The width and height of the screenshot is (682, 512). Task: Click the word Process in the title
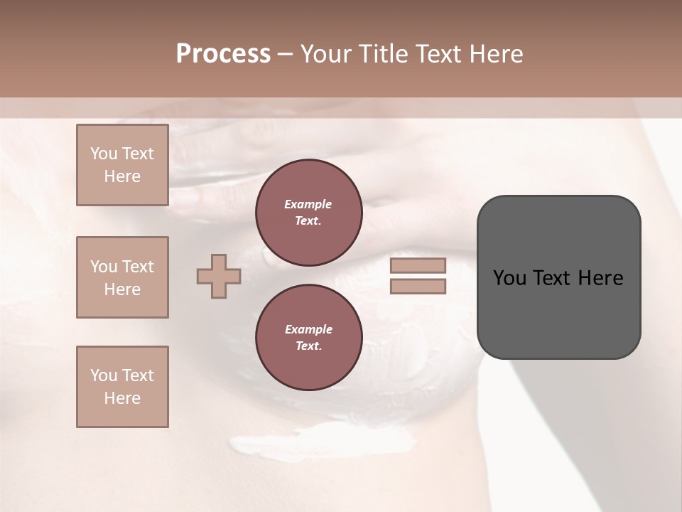pyautogui.click(x=223, y=54)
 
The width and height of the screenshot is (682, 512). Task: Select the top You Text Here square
pyautogui.click(x=122, y=165)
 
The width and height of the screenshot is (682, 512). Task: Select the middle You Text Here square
pyautogui.click(x=122, y=277)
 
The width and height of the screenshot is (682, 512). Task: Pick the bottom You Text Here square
pyautogui.click(x=122, y=387)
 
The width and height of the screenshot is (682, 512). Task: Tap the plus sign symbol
pyautogui.click(x=219, y=276)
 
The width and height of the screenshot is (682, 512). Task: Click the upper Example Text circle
pyautogui.click(x=308, y=213)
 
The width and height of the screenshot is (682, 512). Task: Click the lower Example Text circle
pyautogui.click(x=308, y=338)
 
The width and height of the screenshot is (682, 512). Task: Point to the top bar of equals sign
pyautogui.click(x=418, y=266)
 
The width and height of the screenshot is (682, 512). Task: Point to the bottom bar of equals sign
pyautogui.click(x=418, y=287)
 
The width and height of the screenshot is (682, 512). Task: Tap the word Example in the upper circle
pyautogui.click(x=308, y=204)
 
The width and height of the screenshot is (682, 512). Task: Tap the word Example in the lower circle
pyautogui.click(x=308, y=329)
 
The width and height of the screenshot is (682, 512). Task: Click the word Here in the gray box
pyautogui.click(x=600, y=278)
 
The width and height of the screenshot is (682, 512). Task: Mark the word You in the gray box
pyautogui.click(x=509, y=278)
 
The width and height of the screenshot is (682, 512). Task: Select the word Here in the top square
pyautogui.click(x=122, y=176)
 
